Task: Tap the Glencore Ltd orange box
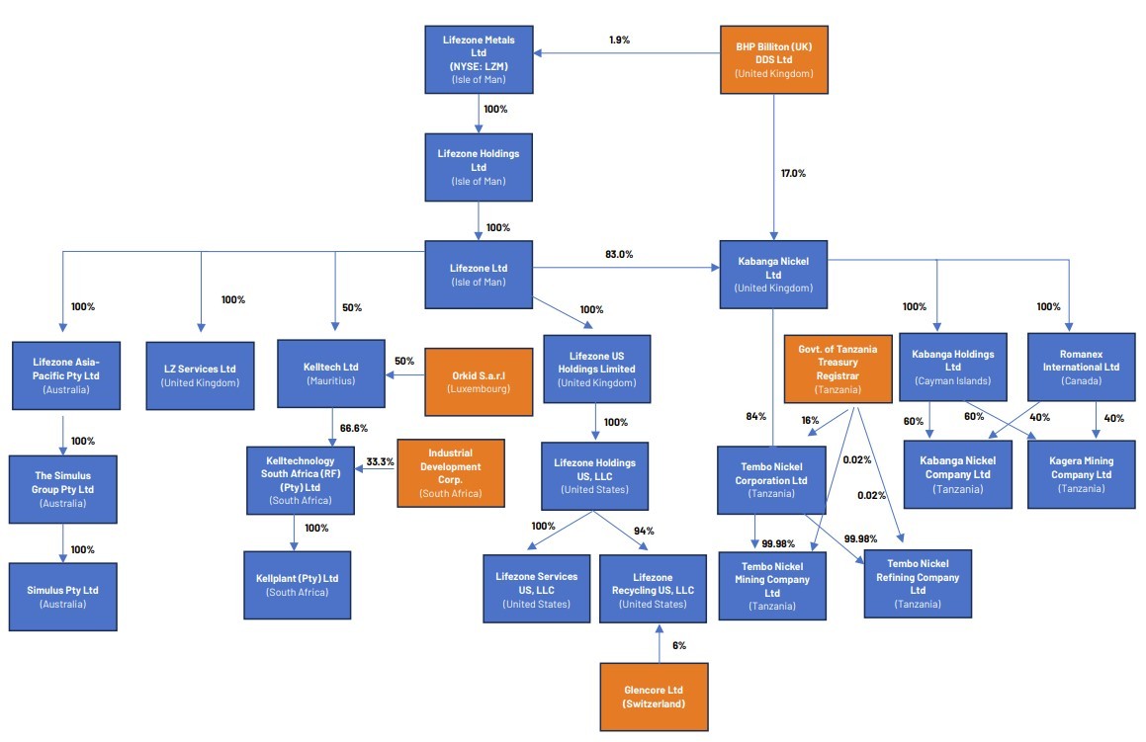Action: (x=655, y=697)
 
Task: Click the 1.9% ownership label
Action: (x=619, y=40)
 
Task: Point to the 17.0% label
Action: (x=793, y=173)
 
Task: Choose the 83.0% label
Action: (x=619, y=254)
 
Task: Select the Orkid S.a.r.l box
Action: (x=479, y=381)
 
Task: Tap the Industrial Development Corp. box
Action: (x=450, y=473)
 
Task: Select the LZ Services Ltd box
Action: (x=201, y=375)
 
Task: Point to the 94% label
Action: (x=645, y=532)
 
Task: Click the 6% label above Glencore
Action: (x=679, y=645)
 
